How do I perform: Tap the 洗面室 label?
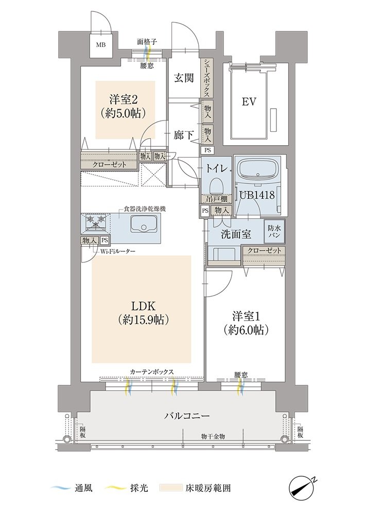click(x=236, y=234)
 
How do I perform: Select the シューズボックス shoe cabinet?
click(x=206, y=78)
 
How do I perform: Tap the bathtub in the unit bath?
click(x=256, y=170)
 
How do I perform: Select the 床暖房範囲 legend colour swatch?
click(x=167, y=487)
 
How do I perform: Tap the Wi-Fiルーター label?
click(x=118, y=251)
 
